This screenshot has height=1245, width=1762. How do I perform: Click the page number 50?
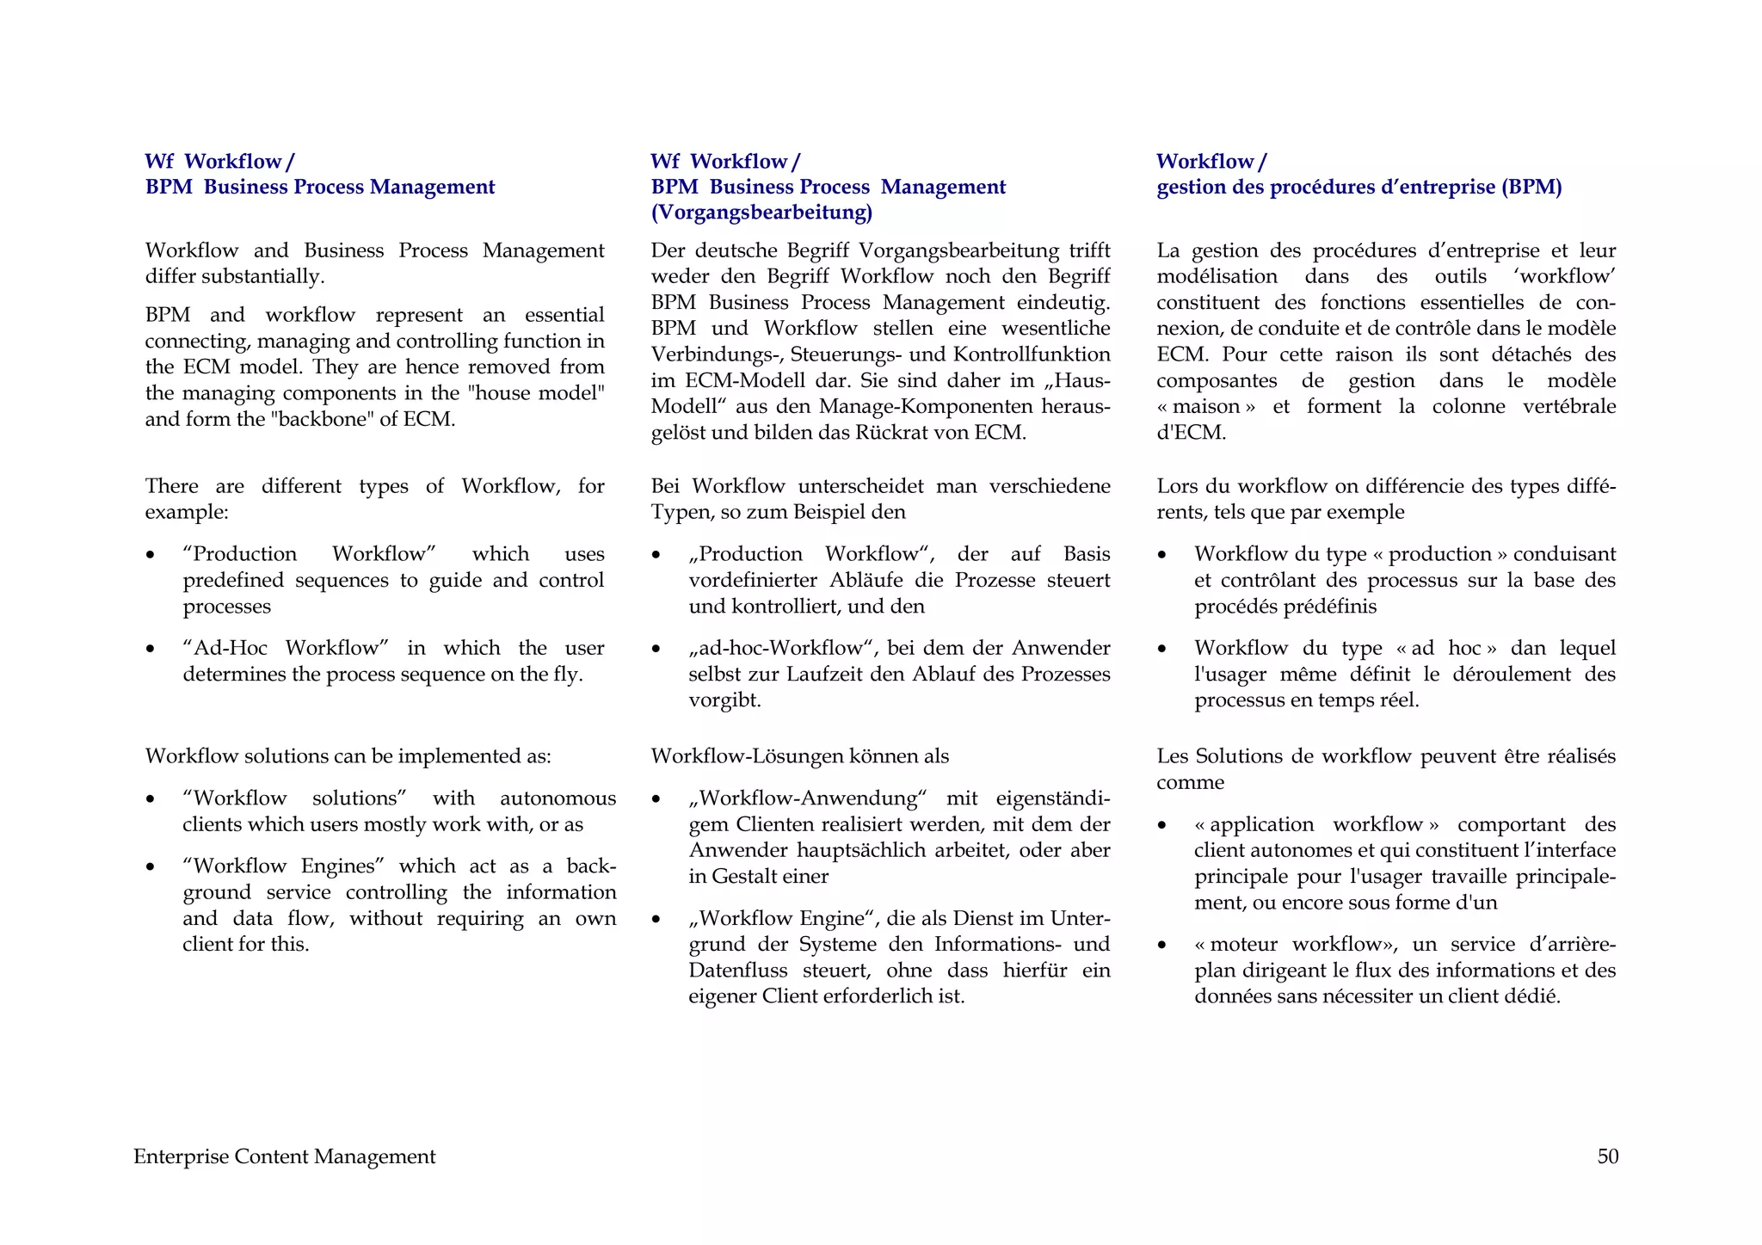tap(1607, 1156)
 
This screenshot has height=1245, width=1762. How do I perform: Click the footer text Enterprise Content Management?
tap(284, 1156)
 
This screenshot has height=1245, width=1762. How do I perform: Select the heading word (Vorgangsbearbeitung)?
tap(761, 213)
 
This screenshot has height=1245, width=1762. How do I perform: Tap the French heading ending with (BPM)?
tap(1358, 187)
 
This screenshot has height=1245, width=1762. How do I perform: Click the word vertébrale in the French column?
tap(1568, 406)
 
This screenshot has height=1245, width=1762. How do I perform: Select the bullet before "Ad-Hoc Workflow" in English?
tap(151, 649)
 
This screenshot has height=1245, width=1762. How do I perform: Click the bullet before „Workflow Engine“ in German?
tap(656, 919)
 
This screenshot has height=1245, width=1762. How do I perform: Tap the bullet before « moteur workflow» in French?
tap(1162, 945)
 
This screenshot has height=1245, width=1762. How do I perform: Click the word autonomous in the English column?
tap(558, 798)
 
